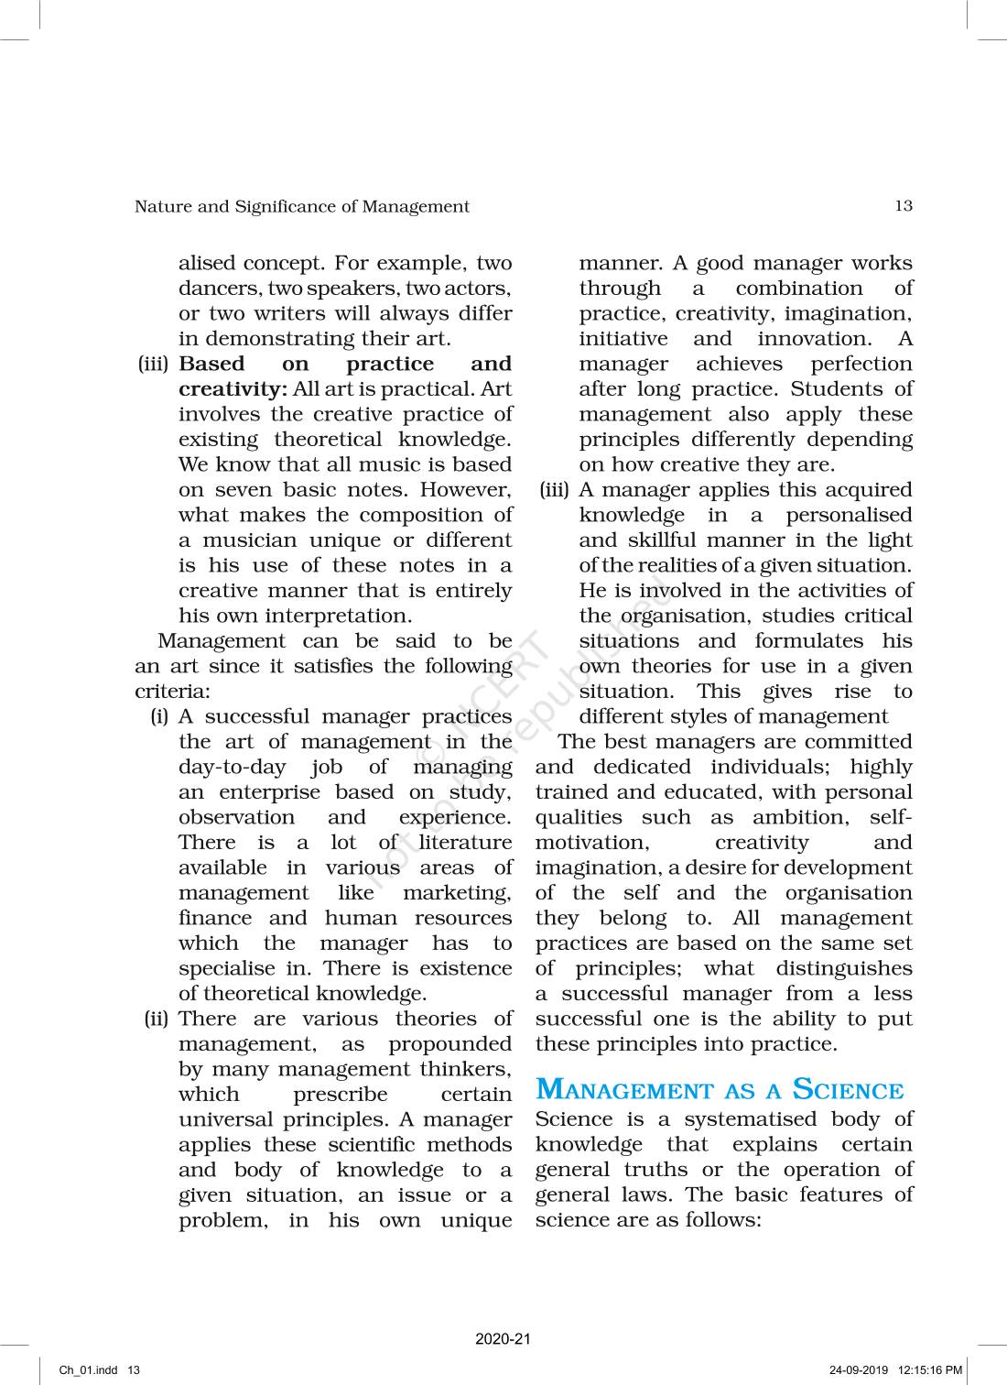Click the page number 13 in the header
tap(903, 206)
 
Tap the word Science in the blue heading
tap(848, 1089)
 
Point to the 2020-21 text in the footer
tap(503, 1339)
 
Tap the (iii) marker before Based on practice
tap(153, 365)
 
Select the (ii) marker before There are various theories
tap(156, 1020)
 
